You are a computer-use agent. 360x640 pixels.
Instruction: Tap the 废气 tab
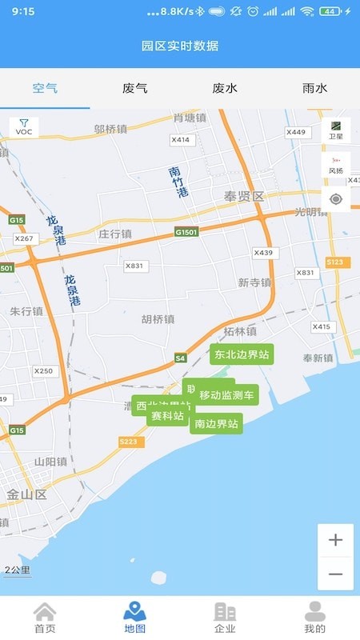134,88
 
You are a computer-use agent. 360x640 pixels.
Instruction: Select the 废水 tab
225,88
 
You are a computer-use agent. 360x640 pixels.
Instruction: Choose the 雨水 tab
314,88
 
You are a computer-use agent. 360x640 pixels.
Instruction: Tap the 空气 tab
45,88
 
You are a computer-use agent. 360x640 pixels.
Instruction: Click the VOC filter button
24,127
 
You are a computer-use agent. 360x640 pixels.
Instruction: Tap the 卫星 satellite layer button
336,130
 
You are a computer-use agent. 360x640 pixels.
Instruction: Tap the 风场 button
336,165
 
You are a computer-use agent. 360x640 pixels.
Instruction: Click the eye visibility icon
336,199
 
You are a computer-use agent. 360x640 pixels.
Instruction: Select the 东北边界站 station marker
242,354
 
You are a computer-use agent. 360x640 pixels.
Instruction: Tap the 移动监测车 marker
226,394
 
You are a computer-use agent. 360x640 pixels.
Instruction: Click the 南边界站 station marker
216,424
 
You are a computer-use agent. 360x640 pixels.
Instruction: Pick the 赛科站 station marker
168,416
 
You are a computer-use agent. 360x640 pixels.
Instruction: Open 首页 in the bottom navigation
45,617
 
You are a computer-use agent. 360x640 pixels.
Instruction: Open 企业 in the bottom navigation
225,617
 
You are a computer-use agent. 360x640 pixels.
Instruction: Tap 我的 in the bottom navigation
314,617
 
